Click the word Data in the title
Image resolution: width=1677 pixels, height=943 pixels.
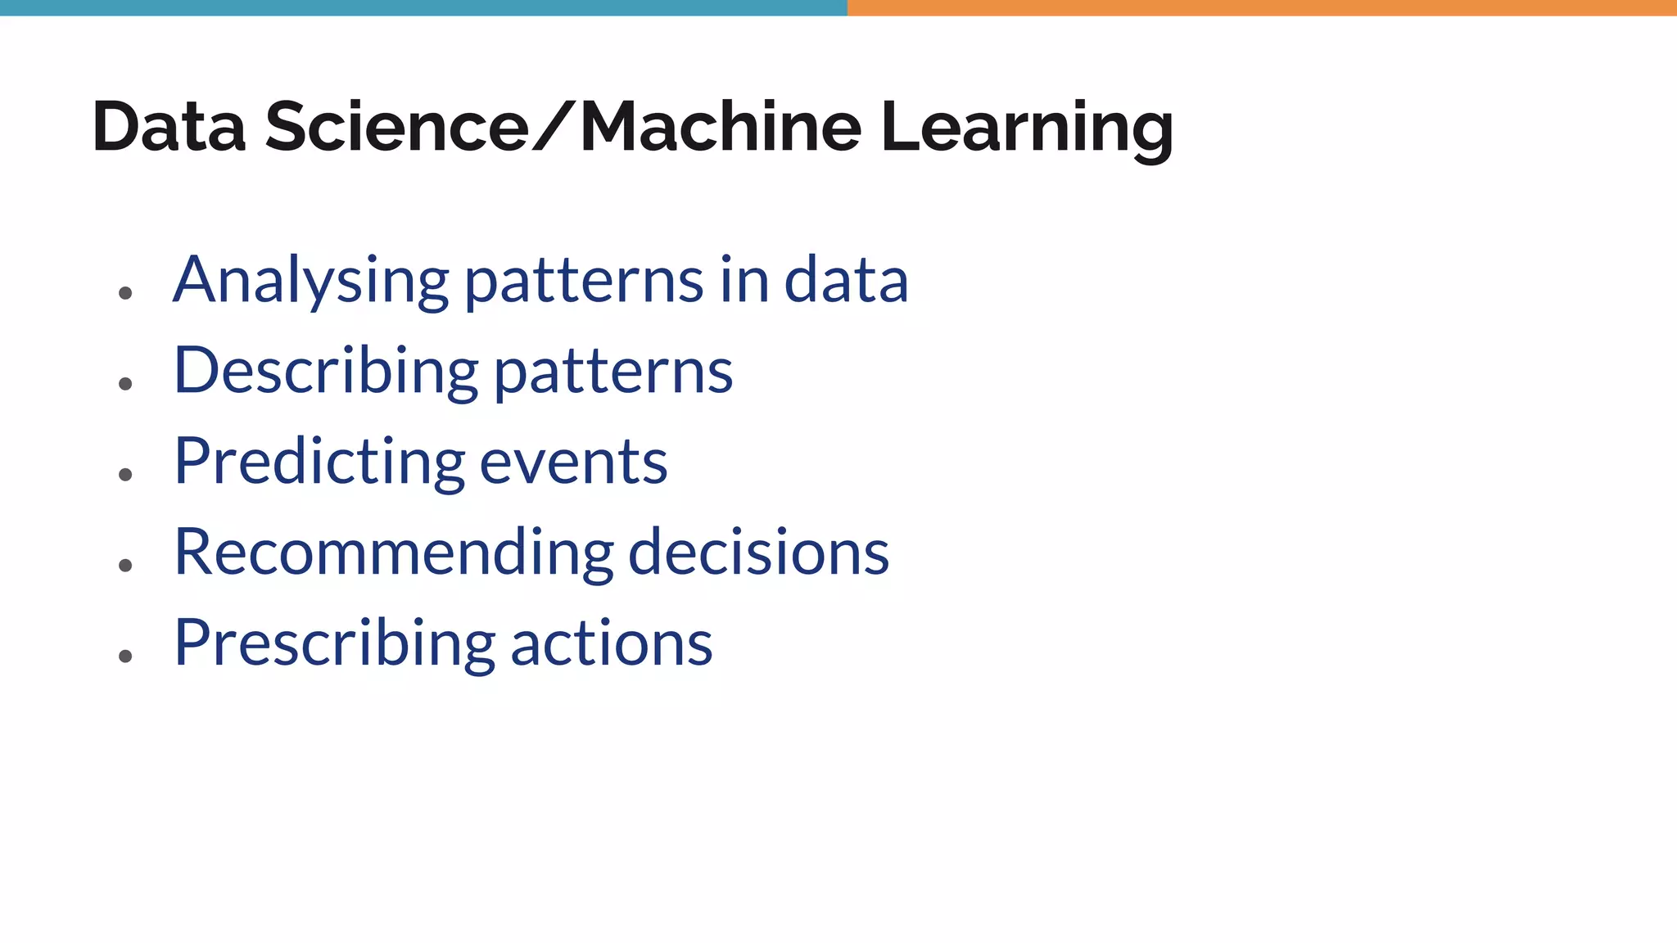tap(169, 128)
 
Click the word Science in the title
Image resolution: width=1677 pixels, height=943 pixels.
tap(397, 128)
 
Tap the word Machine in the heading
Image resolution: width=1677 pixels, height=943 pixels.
tap(721, 128)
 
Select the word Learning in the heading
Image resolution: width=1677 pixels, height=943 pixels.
tap(1027, 129)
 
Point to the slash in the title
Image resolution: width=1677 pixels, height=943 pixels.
tap(554, 128)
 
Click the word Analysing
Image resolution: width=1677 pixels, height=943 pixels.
tap(310, 281)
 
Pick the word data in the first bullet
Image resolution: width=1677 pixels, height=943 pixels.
tap(846, 281)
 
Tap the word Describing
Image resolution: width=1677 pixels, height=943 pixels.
tap(326, 372)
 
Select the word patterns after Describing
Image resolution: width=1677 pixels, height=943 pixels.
tap(613, 373)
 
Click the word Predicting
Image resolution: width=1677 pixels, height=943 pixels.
tap(319, 462)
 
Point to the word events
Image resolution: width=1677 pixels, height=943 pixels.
tap(573, 463)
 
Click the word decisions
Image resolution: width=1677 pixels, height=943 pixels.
tap(758, 553)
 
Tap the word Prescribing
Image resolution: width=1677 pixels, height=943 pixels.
tap(334, 644)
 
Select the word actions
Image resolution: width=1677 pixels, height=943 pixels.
tap(612, 644)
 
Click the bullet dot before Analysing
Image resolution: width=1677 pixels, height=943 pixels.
tap(125, 293)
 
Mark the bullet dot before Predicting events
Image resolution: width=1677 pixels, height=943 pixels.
tap(125, 475)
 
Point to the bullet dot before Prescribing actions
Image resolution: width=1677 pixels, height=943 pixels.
tap(125, 656)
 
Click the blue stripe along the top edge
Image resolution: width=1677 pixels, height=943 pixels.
tap(423, 7)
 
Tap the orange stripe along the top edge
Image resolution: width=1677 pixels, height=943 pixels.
tap(1262, 7)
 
